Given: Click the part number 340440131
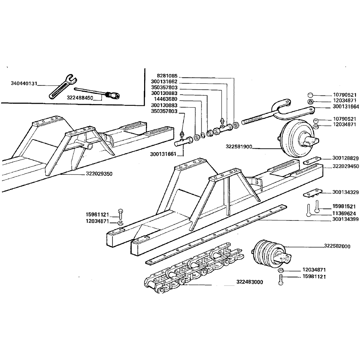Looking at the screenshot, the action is (x=24, y=83).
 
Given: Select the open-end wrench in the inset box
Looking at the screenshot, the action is (x=63, y=86).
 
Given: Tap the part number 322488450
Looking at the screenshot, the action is (x=80, y=98).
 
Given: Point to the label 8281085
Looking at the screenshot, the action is (x=167, y=76).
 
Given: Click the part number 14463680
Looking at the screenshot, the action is (x=166, y=99).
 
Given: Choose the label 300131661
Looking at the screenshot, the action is (x=163, y=154).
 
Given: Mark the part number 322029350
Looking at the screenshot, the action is (x=99, y=174).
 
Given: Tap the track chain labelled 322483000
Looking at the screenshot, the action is (x=193, y=268).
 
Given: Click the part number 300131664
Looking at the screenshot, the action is (x=346, y=107).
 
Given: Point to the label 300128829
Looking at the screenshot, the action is (x=345, y=158).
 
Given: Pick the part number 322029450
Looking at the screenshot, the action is (x=346, y=166).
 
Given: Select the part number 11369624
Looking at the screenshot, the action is (x=344, y=213).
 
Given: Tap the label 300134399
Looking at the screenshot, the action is (x=345, y=219).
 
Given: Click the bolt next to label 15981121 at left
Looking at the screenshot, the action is (x=120, y=214).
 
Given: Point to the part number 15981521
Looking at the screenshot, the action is (x=344, y=206).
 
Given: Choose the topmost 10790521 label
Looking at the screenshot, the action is (x=345, y=95).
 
